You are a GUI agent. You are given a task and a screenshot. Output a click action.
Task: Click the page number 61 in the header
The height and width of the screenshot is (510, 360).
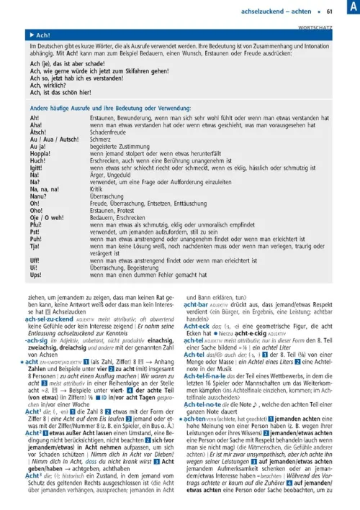(x=329, y=11)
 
